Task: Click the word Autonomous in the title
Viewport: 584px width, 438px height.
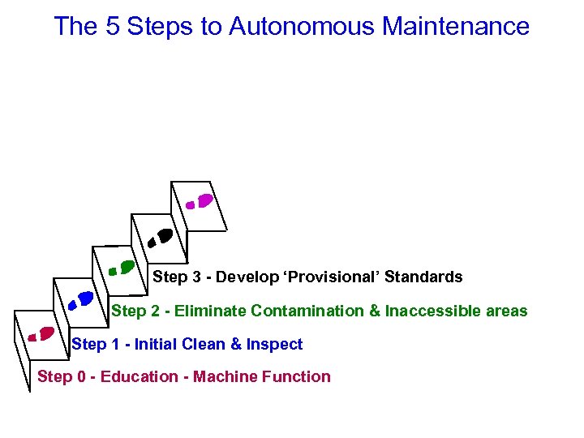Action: pos(302,27)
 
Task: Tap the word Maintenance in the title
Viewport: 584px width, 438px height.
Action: pos(455,27)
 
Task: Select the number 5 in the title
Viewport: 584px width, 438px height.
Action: pos(113,27)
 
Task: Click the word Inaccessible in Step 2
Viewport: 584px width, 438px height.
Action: pos(433,311)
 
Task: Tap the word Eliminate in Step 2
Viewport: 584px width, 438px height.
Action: pos(210,311)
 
